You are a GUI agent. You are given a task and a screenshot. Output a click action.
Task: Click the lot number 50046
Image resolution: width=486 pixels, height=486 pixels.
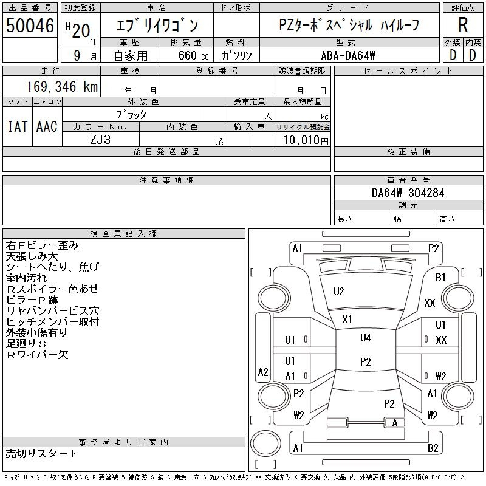tap(30, 26)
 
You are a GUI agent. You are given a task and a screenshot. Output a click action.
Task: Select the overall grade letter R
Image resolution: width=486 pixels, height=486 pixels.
tap(463, 25)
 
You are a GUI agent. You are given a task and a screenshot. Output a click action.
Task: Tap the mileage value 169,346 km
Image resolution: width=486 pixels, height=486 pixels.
tap(62, 87)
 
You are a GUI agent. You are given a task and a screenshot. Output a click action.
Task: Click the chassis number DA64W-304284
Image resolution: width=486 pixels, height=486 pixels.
tap(408, 193)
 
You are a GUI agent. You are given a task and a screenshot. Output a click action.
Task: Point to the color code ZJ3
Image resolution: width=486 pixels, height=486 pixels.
tap(100, 140)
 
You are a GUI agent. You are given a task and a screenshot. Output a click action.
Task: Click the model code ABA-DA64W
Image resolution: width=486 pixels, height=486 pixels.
tap(347, 56)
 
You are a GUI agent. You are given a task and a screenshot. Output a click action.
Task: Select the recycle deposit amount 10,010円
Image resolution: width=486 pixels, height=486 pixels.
tap(306, 140)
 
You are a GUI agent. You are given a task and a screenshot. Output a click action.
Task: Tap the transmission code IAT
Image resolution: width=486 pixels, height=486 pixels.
tap(18, 126)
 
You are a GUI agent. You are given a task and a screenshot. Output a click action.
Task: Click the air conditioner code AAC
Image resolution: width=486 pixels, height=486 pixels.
tap(47, 126)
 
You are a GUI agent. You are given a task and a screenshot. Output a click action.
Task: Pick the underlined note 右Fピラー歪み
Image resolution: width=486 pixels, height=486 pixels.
tap(42, 245)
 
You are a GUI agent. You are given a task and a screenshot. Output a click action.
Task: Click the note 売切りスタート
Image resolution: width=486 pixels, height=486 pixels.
tap(41, 454)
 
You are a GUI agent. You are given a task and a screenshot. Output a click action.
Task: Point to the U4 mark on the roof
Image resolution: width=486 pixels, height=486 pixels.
tap(366, 338)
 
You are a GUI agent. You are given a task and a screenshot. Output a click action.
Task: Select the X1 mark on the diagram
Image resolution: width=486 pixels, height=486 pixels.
tap(347, 320)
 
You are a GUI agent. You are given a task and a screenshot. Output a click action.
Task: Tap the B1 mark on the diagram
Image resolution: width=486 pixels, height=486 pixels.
tap(440, 278)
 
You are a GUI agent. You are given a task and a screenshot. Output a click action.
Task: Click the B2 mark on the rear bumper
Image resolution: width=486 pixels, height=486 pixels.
tap(433, 448)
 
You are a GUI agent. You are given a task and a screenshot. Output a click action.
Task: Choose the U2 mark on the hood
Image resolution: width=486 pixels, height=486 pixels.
tap(339, 292)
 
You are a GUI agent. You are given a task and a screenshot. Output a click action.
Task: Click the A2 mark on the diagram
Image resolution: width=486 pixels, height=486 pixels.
tap(263, 372)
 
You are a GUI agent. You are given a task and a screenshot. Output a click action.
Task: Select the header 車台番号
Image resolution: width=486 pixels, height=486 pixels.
tap(408, 180)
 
